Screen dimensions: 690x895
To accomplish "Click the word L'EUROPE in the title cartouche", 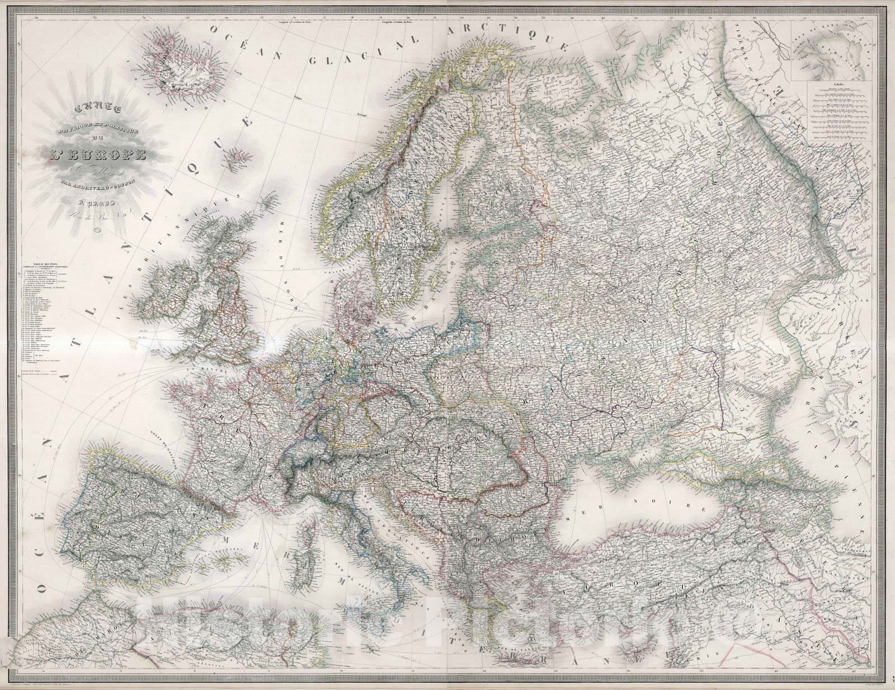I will click(x=106, y=152).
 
